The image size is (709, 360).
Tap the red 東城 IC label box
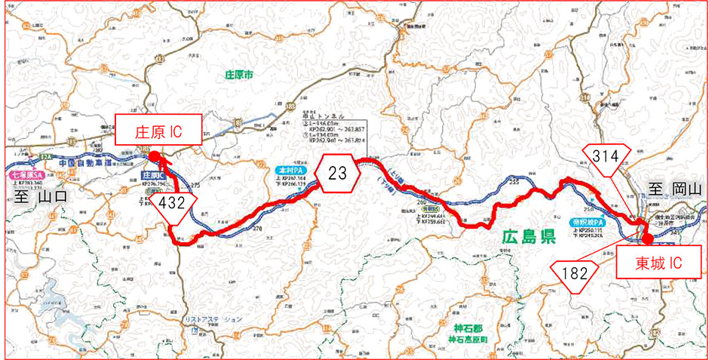tap(646, 265)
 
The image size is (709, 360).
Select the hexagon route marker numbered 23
tap(337, 173)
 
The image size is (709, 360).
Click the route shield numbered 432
tap(174, 203)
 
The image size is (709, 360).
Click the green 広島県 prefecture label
tap(528, 238)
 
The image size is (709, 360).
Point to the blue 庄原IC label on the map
tap(153, 174)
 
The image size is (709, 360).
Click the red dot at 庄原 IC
tap(153, 156)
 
